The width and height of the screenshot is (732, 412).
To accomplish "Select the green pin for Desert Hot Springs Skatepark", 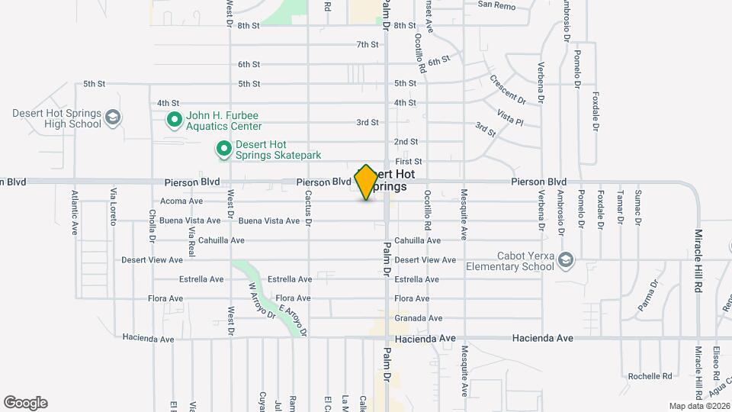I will click(224, 150).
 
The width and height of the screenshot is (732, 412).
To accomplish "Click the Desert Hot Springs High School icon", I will click(113, 117).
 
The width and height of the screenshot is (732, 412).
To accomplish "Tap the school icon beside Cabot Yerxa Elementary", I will click(565, 260).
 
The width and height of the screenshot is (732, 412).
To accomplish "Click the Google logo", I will click(25, 402).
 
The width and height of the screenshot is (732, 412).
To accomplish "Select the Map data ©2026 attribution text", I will click(699, 405).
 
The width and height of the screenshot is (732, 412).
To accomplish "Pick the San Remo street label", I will click(496, 5).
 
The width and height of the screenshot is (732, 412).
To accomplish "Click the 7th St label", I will click(368, 44).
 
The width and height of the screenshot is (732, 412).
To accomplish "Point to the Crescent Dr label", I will click(508, 89).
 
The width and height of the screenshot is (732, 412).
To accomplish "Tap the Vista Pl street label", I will click(509, 117).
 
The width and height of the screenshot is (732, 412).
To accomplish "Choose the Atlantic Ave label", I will click(75, 211).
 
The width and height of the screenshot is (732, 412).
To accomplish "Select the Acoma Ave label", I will click(181, 201).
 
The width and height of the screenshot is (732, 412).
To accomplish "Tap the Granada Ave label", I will click(418, 318).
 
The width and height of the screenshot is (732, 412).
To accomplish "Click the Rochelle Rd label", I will click(650, 376).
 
